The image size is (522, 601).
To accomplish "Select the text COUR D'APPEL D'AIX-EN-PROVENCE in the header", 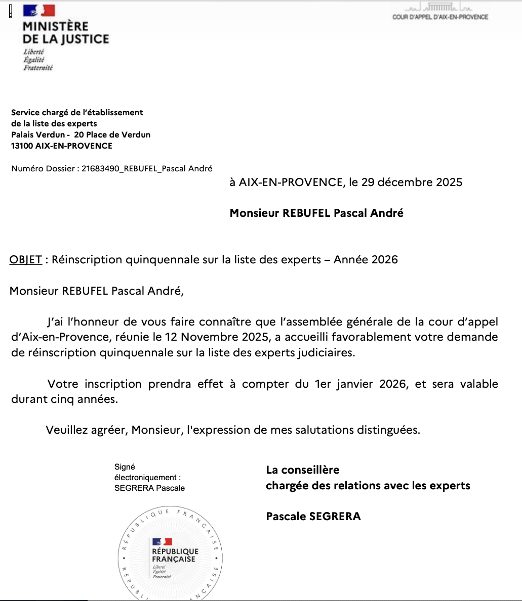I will click(x=440, y=17).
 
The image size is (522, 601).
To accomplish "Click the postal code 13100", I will click(x=22, y=146).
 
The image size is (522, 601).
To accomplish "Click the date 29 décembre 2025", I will click(x=412, y=182).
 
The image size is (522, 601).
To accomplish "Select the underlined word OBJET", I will click(x=26, y=260).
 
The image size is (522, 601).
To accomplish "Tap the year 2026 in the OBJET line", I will click(x=385, y=260).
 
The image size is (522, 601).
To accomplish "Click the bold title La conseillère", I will click(x=303, y=470).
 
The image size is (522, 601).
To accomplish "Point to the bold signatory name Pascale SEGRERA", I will click(x=313, y=516).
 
